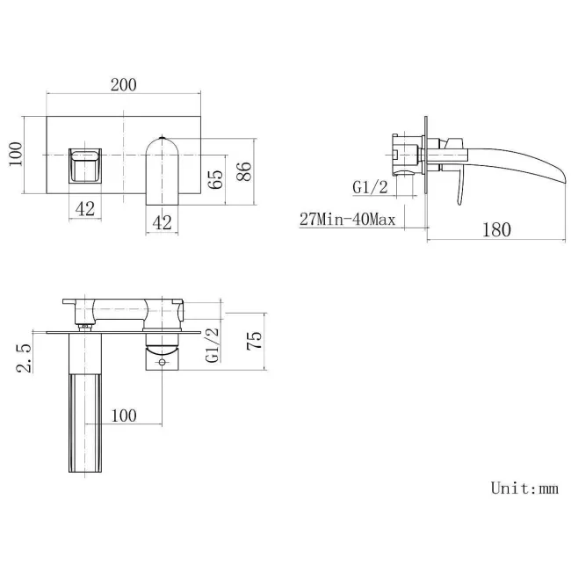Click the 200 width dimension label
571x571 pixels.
click(x=123, y=84)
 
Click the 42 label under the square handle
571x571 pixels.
click(x=85, y=210)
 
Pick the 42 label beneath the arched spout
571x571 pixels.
click(x=162, y=223)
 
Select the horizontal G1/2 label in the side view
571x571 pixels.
click(x=370, y=187)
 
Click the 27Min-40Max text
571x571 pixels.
click(x=347, y=219)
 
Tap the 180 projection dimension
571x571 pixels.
click(x=496, y=230)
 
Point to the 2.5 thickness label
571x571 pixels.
click(x=24, y=358)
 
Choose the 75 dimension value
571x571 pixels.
click(x=254, y=341)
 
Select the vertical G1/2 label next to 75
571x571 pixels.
click(x=212, y=345)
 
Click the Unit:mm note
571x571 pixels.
click(x=524, y=488)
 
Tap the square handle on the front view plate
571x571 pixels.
click(x=85, y=164)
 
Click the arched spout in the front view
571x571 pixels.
click(x=162, y=167)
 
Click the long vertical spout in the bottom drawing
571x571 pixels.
click(x=86, y=413)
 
